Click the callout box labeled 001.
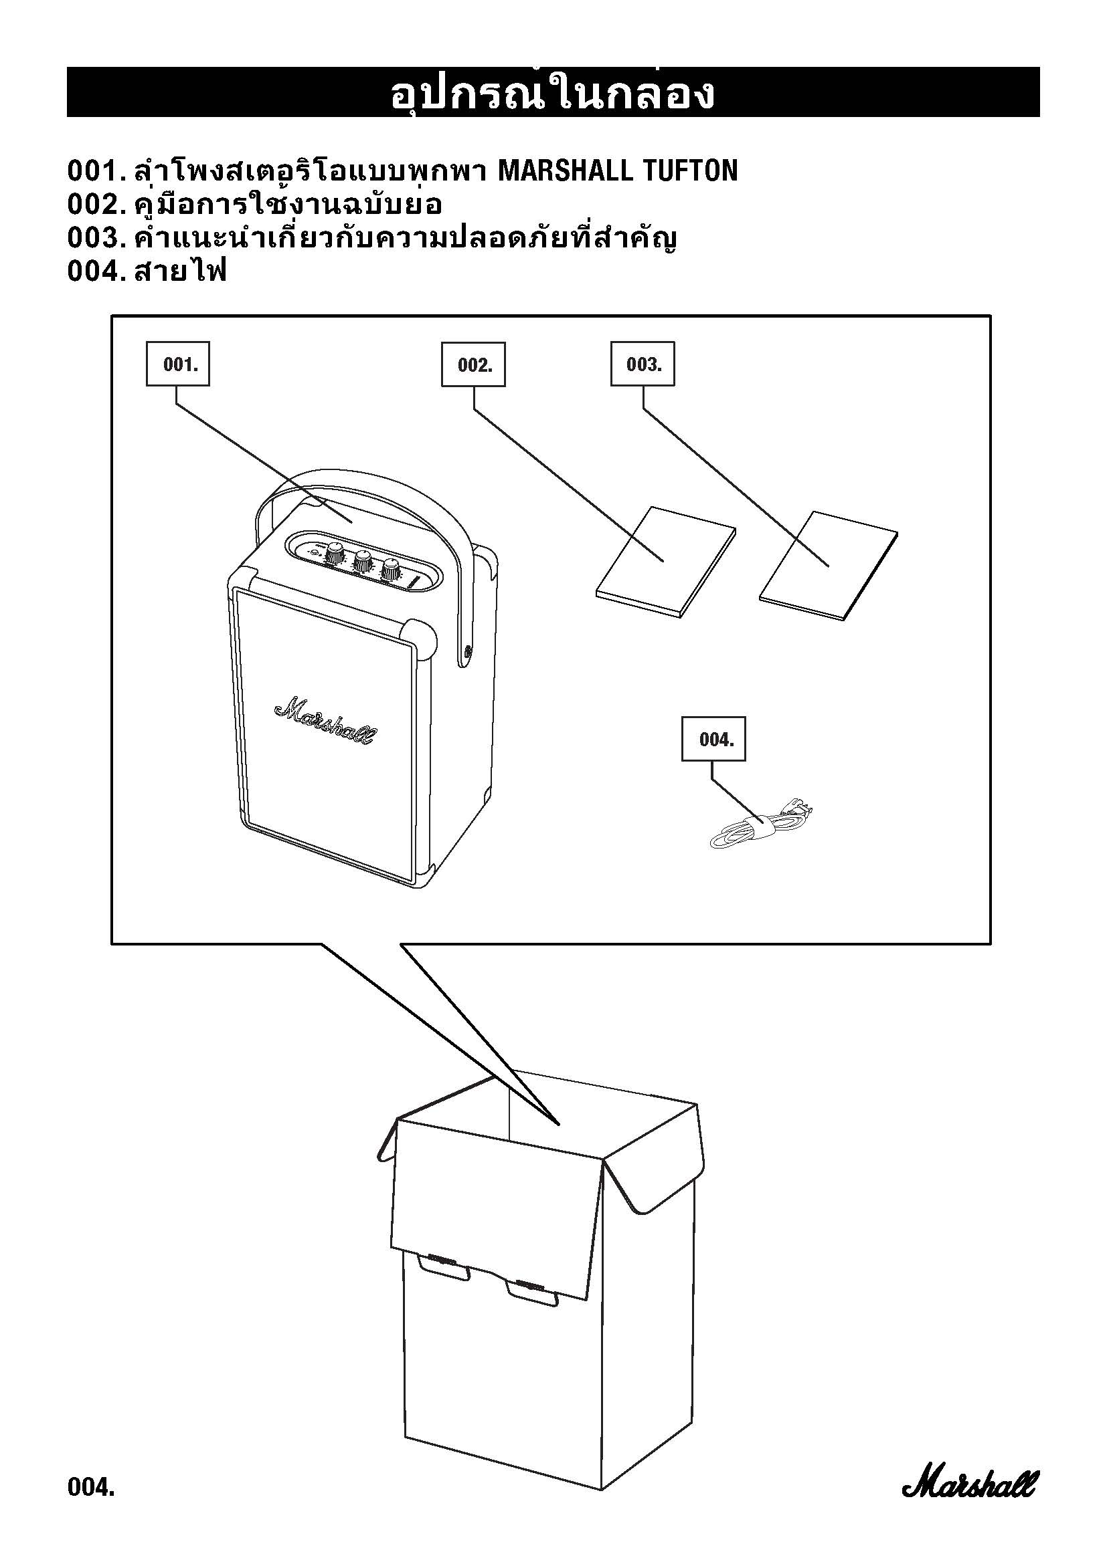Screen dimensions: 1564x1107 point(178,364)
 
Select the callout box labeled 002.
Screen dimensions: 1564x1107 point(473,365)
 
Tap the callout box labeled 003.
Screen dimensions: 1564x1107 point(642,364)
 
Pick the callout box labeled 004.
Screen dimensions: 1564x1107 point(713,739)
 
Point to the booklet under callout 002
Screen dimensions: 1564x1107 point(665,562)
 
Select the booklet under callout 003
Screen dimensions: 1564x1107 point(827,566)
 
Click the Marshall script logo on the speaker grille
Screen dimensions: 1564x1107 point(325,721)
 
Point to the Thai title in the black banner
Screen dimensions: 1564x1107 point(553,94)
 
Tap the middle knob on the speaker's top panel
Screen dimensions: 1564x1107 point(363,560)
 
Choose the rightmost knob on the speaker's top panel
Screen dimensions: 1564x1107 point(392,568)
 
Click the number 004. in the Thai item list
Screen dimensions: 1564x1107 point(94,271)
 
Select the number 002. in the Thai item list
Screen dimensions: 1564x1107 point(94,205)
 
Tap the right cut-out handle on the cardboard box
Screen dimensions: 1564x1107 point(532,1291)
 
